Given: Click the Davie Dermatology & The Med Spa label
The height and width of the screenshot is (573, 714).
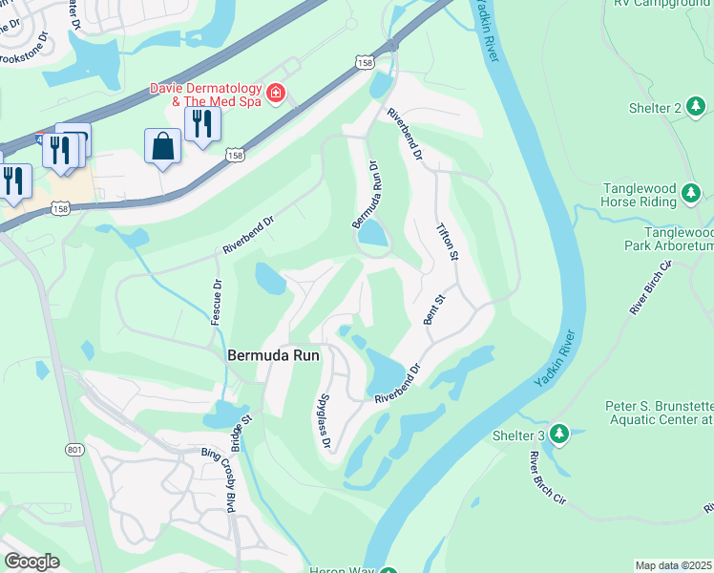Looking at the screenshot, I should click(x=205, y=95).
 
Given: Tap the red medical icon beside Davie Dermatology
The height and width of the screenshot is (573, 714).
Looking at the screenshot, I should click(x=276, y=93).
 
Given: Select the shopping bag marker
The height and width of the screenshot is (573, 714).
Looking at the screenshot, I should click(x=163, y=147).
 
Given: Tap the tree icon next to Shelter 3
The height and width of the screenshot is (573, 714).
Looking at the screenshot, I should click(x=559, y=435).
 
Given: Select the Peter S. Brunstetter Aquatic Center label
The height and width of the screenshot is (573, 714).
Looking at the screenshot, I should click(x=659, y=413).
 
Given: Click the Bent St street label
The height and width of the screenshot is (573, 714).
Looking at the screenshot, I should click(x=434, y=309).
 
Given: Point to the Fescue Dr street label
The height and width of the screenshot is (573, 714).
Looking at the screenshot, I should click(x=217, y=299).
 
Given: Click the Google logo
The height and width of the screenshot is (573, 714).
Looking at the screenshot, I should click(x=32, y=562).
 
